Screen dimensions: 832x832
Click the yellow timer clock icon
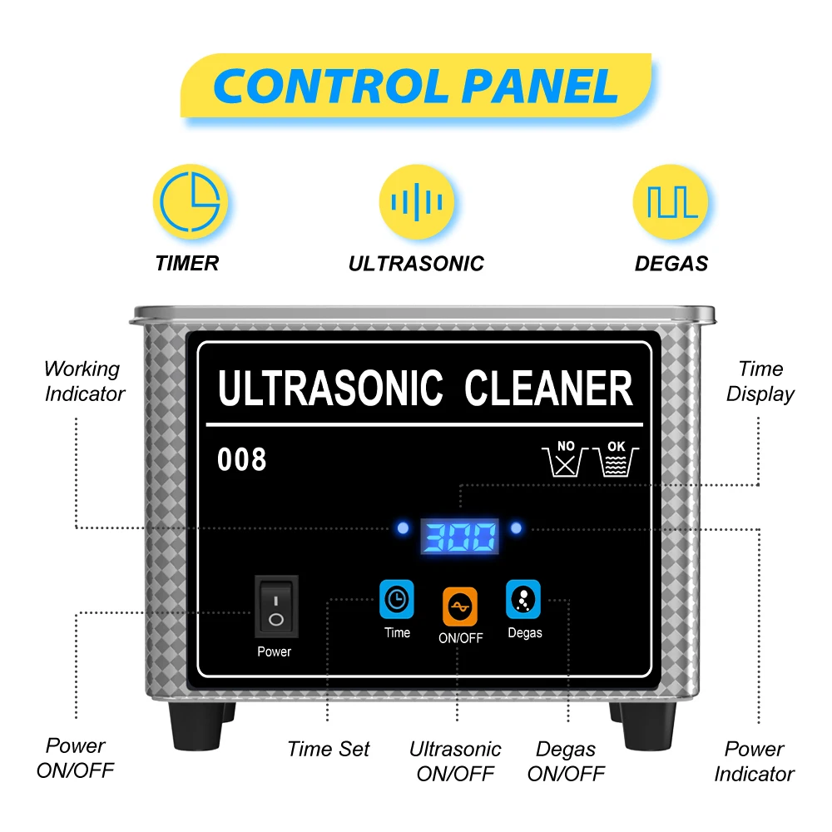pos(190,201)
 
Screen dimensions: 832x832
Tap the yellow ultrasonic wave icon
pos(417,201)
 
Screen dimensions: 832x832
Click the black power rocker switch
pos(276,607)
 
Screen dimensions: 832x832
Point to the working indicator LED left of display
pos(404,528)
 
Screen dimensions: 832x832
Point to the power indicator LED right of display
pos(517,528)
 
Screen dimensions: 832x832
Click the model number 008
pos(242,459)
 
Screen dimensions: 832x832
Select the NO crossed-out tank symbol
pos(566,458)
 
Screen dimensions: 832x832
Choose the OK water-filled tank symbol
pos(617,458)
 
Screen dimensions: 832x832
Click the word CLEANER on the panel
pos(548,389)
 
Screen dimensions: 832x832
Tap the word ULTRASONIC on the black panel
pos(330,389)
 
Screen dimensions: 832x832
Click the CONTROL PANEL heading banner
pos(416,86)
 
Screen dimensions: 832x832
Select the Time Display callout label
pos(760,381)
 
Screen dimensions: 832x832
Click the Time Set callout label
pos(329,749)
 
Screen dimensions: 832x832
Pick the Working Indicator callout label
pos(83,381)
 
